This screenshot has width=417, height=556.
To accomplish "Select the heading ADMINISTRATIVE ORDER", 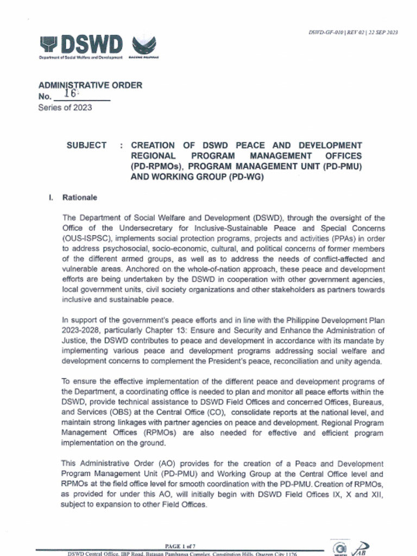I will (x=90, y=85).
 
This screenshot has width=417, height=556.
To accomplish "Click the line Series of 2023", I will (x=65, y=108).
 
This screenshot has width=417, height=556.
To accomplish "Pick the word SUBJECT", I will (x=86, y=146).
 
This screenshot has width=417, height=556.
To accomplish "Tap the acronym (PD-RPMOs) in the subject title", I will (x=156, y=166).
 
